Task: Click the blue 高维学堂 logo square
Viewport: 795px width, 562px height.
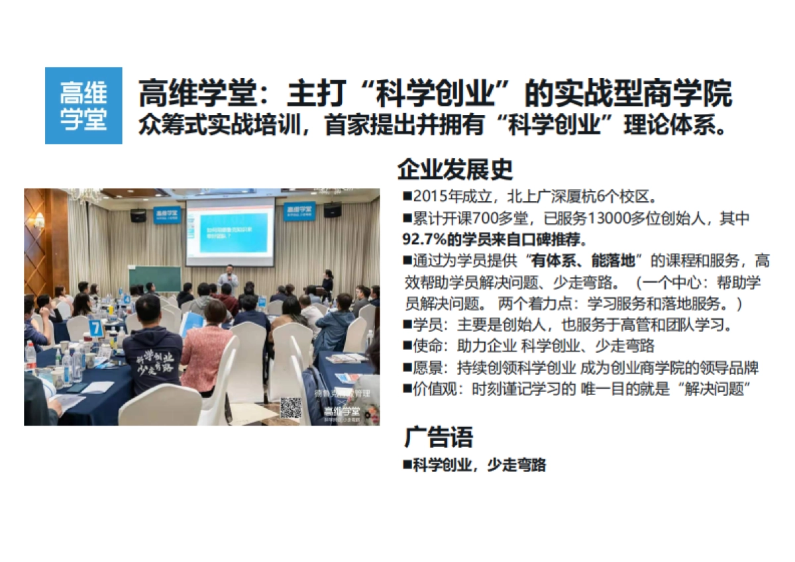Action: click(x=83, y=105)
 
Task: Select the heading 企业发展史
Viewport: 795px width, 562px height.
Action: click(x=455, y=169)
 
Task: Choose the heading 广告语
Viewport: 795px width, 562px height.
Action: click(x=439, y=438)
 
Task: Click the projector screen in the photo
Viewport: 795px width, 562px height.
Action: click(x=230, y=232)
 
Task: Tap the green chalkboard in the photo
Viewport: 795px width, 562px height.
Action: click(x=154, y=279)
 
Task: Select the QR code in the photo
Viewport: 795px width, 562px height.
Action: click(x=290, y=407)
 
